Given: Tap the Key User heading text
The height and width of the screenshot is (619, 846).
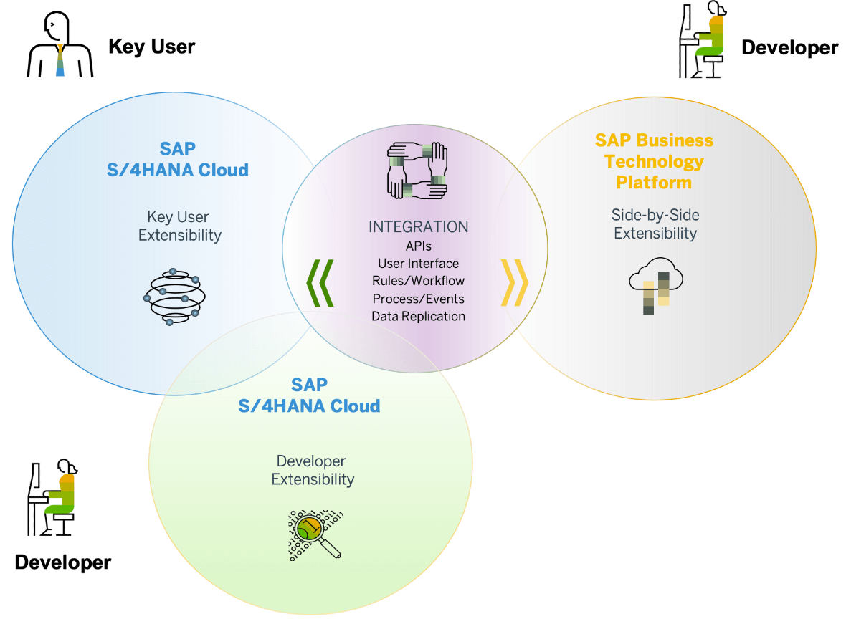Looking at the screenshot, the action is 151,47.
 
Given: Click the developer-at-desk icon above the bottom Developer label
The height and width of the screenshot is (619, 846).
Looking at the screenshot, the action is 52,497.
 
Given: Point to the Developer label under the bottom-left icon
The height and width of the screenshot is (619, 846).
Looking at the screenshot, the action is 62,562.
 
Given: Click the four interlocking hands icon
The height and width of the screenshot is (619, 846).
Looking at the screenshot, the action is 417,171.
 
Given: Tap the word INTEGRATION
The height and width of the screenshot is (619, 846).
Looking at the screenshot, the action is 418,227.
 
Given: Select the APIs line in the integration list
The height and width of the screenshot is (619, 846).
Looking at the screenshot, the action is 418,246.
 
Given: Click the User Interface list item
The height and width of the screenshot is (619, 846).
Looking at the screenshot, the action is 418,264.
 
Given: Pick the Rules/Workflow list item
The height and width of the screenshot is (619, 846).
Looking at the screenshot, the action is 418,281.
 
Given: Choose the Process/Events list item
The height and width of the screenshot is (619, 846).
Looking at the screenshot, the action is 418,299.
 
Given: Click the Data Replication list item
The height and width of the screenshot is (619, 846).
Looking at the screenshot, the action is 418,317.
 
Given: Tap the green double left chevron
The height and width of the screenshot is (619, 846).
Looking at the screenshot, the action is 320,283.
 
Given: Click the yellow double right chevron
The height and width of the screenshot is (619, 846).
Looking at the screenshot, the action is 515,282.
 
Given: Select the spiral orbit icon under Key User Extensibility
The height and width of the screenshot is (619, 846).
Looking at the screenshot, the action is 174,297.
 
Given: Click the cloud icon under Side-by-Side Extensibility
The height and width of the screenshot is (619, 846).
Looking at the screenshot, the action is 656,284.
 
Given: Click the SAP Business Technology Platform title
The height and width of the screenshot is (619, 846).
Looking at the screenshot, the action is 654,161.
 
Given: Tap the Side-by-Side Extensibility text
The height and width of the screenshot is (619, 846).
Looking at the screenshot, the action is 655,224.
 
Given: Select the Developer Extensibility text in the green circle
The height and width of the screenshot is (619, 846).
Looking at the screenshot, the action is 313,470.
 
